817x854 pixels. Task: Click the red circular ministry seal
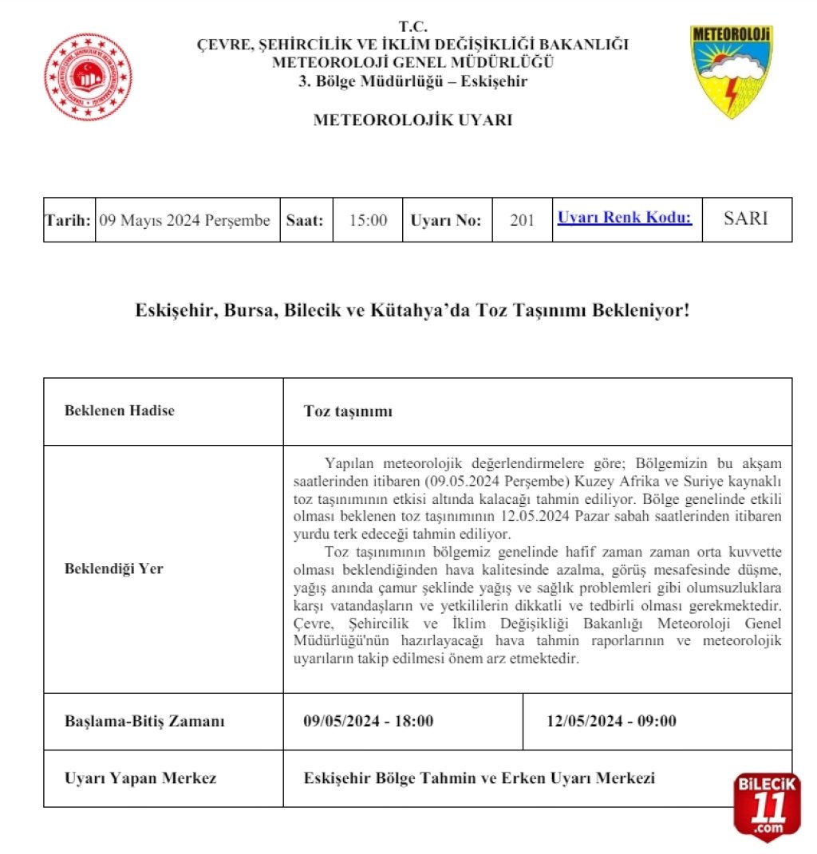pyautogui.click(x=88, y=77)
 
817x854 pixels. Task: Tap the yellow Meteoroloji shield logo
pyautogui.click(x=731, y=71)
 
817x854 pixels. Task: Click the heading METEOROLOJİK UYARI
pyautogui.click(x=412, y=120)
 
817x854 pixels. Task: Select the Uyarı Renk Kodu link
pyautogui.click(x=625, y=218)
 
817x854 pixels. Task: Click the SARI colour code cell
pyautogui.click(x=746, y=218)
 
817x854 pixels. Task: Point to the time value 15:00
pyautogui.click(x=369, y=220)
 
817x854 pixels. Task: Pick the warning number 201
pyautogui.click(x=523, y=220)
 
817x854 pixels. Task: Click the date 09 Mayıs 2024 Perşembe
pyautogui.click(x=184, y=220)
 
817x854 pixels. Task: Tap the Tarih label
pyautogui.click(x=68, y=220)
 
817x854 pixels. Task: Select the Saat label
pyautogui.click(x=305, y=220)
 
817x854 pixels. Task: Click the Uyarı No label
pyautogui.click(x=446, y=220)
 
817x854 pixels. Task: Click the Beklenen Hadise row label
pyautogui.click(x=120, y=411)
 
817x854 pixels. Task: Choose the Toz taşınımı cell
pyautogui.click(x=349, y=411)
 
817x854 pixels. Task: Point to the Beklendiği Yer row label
pyautogui.click(x=114, y=569)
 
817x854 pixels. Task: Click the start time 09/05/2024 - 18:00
pyautogui.click(x=369, y=722)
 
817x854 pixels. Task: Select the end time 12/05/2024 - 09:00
pyautogui.click(x=612, y=722)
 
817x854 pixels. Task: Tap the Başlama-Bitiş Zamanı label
pyautogui.click(x=144, y=722)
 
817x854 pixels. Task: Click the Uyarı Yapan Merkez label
pyautogui.click(x=140, y=778)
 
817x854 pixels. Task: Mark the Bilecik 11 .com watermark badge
pyautogui.click(x=766, y=805)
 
